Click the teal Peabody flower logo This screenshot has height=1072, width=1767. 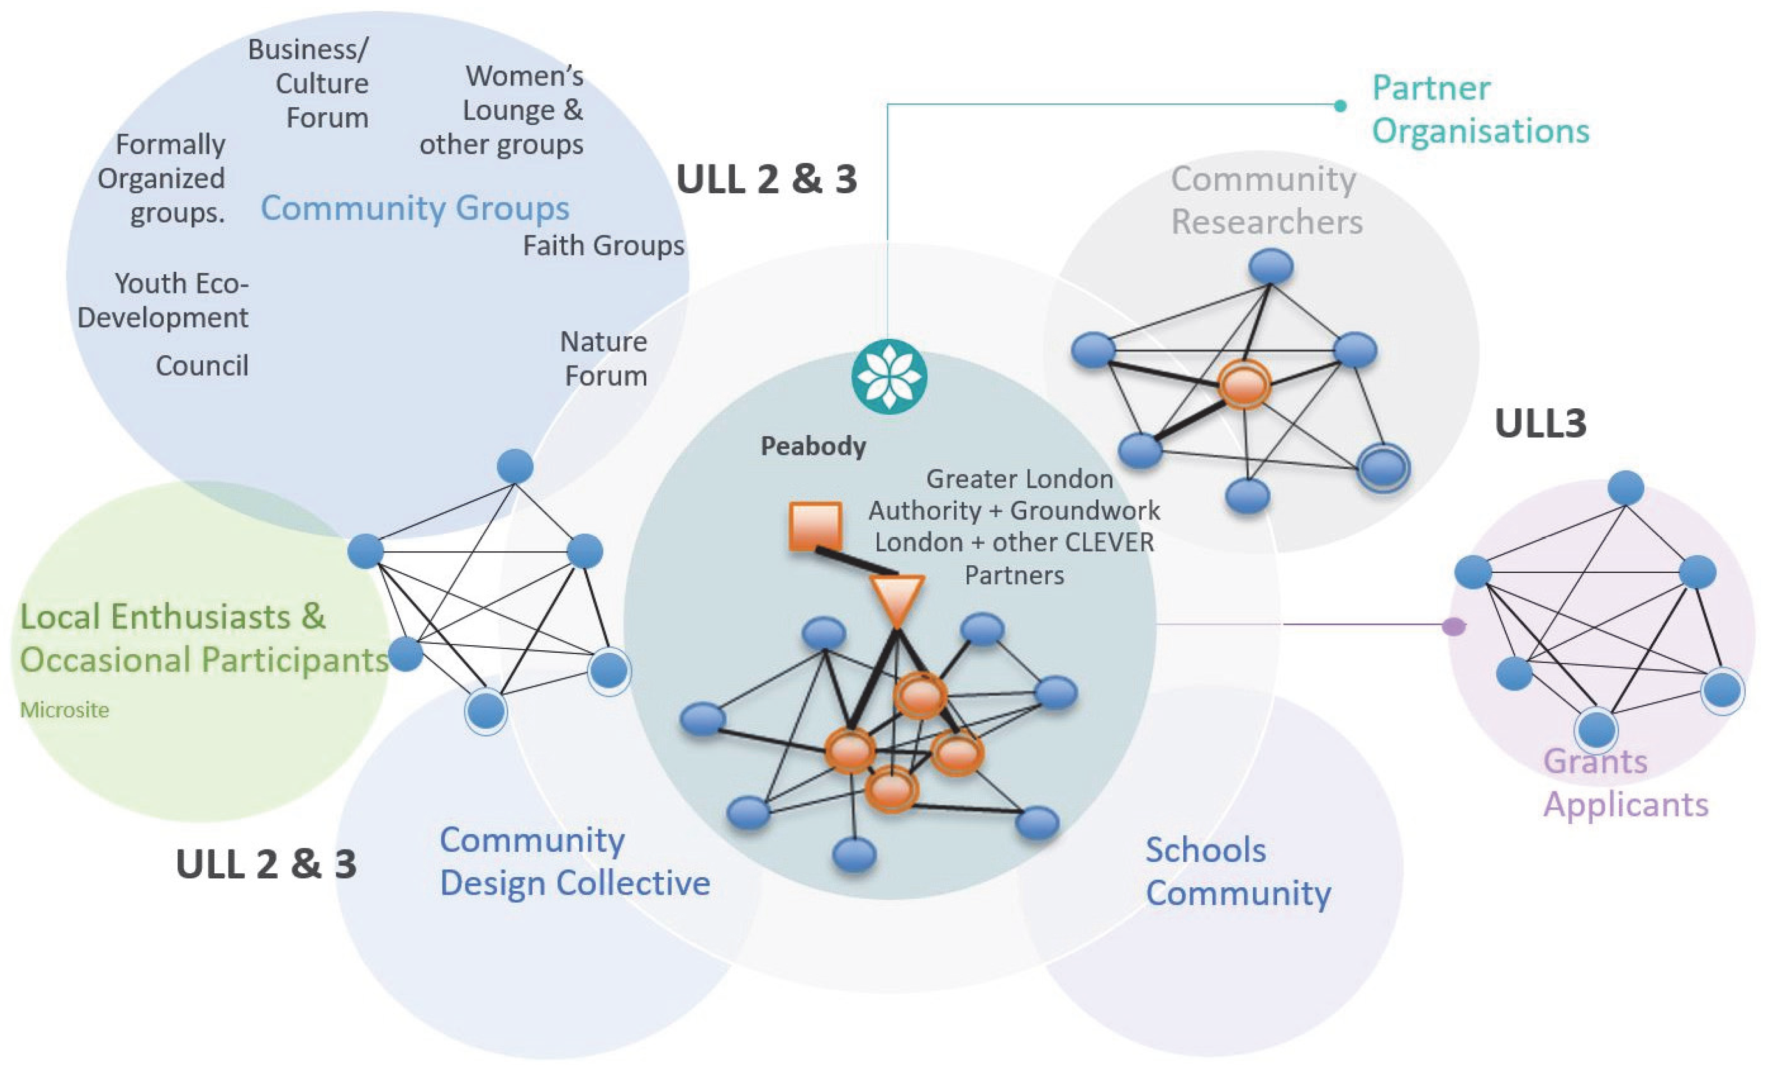(889, 377)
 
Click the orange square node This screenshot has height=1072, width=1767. (815, 527)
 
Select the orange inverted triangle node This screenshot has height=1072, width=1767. (896, 599)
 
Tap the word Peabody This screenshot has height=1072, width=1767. (813, 446)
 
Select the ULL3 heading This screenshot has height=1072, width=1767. (1540, 423)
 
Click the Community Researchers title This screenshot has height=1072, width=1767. (1266, 200)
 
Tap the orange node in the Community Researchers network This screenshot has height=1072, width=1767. (1244, 385)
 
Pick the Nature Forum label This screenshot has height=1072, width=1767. (605, 359)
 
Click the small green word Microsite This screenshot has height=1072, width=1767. (65, 710)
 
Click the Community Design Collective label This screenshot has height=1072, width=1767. (574, 861)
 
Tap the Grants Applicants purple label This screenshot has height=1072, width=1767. (1625, 783)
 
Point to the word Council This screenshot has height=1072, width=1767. (202, 366)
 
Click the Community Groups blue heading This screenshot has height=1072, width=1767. (414, 208)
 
